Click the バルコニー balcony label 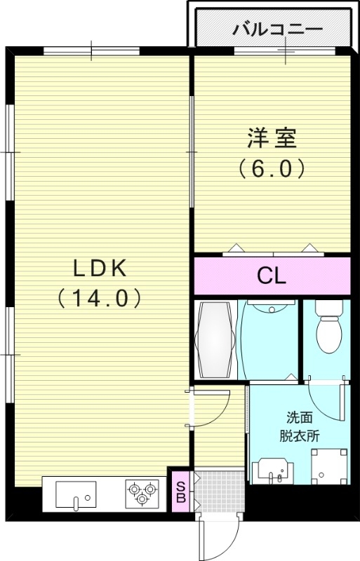pos(277,29)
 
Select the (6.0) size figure pos(272,168)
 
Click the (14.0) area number pos(99,298)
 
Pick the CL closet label pos(272,276)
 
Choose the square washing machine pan pos(328,465)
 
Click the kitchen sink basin pos(75,494)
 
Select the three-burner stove pos(142,492)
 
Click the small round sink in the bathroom pos(269,307)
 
